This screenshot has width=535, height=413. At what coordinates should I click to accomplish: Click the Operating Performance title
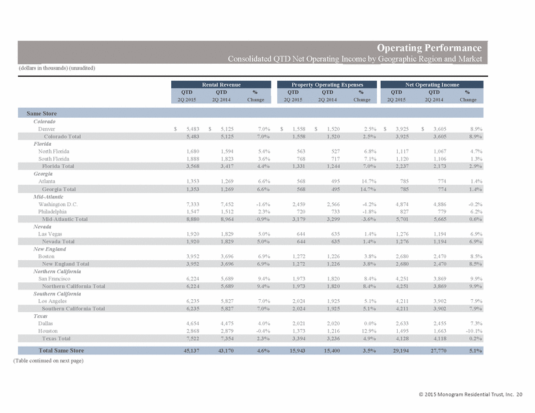(x=429, y=47)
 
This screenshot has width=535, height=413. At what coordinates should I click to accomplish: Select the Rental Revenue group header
(x=221, y=85)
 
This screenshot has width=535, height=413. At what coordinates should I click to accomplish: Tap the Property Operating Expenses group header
(x=327, y=85)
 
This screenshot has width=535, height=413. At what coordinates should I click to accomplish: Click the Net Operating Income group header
(x=432, y=85)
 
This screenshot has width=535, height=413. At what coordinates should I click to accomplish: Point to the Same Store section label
(x=42, y=113)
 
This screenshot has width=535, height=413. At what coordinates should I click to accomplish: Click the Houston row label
(x=48, y=331)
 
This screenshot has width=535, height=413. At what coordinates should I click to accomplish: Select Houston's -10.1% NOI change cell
(x=474, y=331)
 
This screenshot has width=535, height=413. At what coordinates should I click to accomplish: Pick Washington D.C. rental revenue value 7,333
(x=193, y=204)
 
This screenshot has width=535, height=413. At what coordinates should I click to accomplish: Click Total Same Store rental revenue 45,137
(x=191, y=351)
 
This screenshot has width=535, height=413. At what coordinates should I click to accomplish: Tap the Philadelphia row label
(x=52, y=211)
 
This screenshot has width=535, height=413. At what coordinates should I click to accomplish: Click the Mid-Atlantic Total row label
(x=65, y=219)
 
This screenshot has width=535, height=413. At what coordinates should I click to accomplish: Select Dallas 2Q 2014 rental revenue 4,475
(x=227, y=323)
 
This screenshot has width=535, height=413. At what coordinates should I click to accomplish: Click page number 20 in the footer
(x=519, y=394)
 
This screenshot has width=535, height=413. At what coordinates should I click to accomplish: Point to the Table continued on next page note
(x=48, y=360)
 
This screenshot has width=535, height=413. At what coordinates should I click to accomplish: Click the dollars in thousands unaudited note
(x=57, y=68)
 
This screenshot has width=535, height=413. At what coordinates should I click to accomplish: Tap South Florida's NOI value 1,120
(x=402, y=159)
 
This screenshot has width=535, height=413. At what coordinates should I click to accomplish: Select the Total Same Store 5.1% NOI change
(x=475, y=351)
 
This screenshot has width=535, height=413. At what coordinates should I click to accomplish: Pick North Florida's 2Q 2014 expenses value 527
(x=335, y=151)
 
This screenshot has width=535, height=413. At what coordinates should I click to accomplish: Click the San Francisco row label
(x=54, y=278)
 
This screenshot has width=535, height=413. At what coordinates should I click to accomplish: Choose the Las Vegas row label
(x=50, y=234)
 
